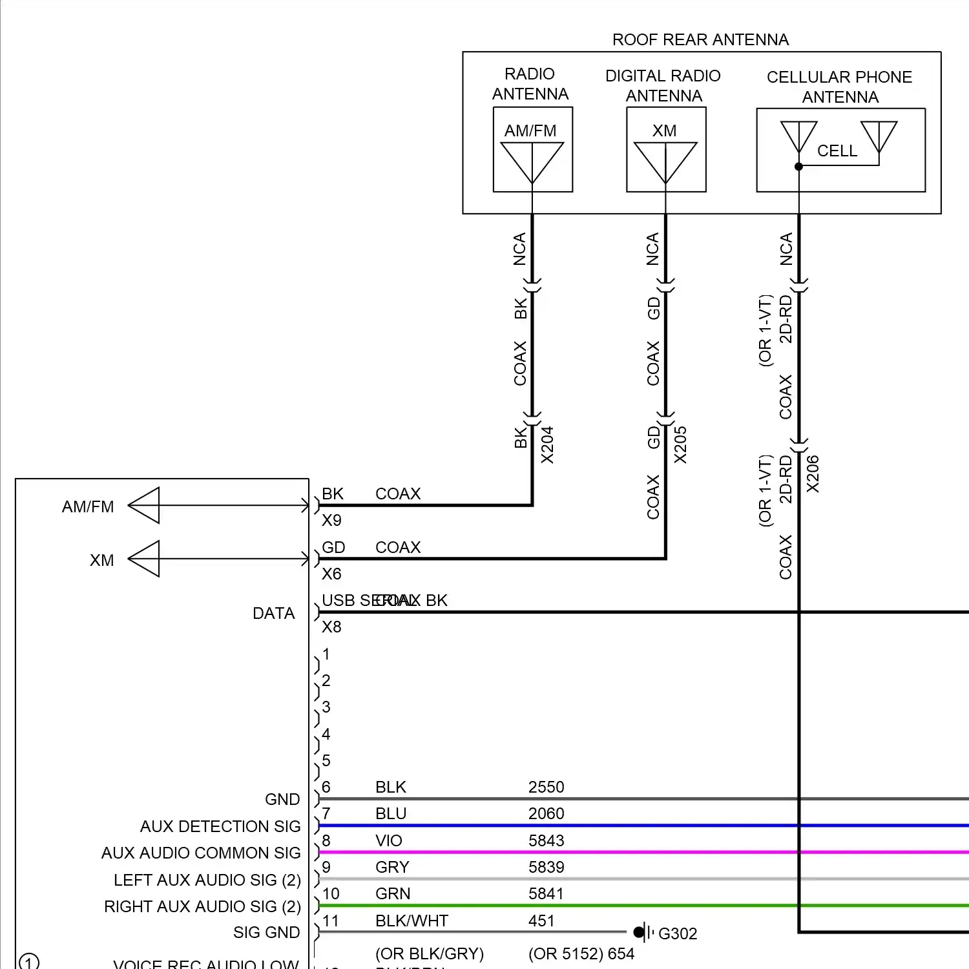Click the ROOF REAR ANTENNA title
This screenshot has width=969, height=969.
pos(700,40)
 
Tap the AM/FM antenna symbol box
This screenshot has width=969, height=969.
pos(532,150)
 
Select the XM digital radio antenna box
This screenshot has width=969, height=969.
pos(666,150)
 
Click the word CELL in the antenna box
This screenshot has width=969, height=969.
pos(837,151)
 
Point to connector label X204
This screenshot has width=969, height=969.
pos(548,445)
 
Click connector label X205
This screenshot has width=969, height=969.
pos(681,445)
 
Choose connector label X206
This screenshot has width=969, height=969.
pos(813,474)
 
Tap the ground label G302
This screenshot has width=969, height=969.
pos(678,933)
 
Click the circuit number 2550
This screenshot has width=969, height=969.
pos(547,787)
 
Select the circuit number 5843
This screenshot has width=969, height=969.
pos(547,840)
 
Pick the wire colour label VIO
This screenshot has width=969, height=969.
pos(389,840)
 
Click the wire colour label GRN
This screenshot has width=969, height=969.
pos(393,893)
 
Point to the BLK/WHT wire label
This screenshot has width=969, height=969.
pos(412,921)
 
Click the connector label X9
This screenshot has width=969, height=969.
pos(331,520)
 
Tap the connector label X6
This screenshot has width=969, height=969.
pos(331,574)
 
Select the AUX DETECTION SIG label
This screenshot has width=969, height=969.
pos(220,826)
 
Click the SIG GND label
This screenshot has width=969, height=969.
pos(266,932)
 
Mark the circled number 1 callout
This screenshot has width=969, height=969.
pos(29,962)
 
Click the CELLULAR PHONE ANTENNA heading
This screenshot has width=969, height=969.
pos(840,87)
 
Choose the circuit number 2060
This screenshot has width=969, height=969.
pos(547,813)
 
